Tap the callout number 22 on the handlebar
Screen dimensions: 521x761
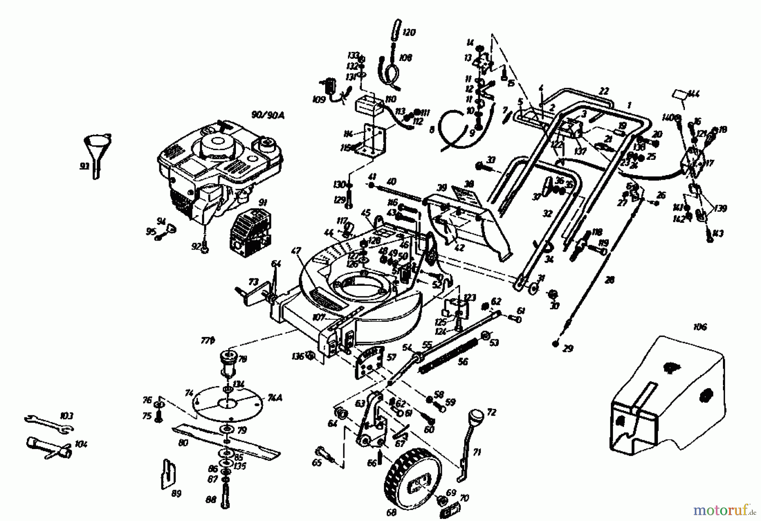point(604,91)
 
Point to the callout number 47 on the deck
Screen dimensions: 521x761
point(296,251)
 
